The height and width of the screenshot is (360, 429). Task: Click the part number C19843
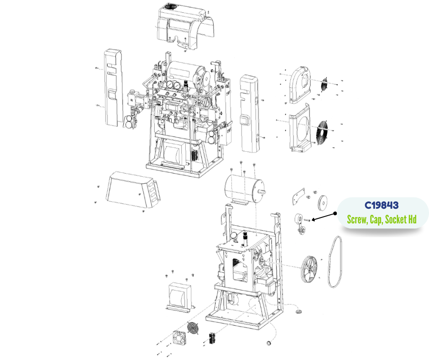[382, 205]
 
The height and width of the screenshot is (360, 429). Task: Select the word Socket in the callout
[396, 219]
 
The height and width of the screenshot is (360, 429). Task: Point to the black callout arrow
[324, 217]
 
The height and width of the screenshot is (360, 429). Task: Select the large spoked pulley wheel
[309, 270]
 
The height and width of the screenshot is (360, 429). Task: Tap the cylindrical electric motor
[245, 190]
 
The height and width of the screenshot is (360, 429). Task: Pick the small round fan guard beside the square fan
[193, 328]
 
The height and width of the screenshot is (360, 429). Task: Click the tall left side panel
[113, 88]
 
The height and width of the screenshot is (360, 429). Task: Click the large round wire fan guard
[324, 131]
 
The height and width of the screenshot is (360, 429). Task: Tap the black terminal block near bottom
[213, 338]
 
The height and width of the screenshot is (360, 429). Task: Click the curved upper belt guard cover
[300, 85]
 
